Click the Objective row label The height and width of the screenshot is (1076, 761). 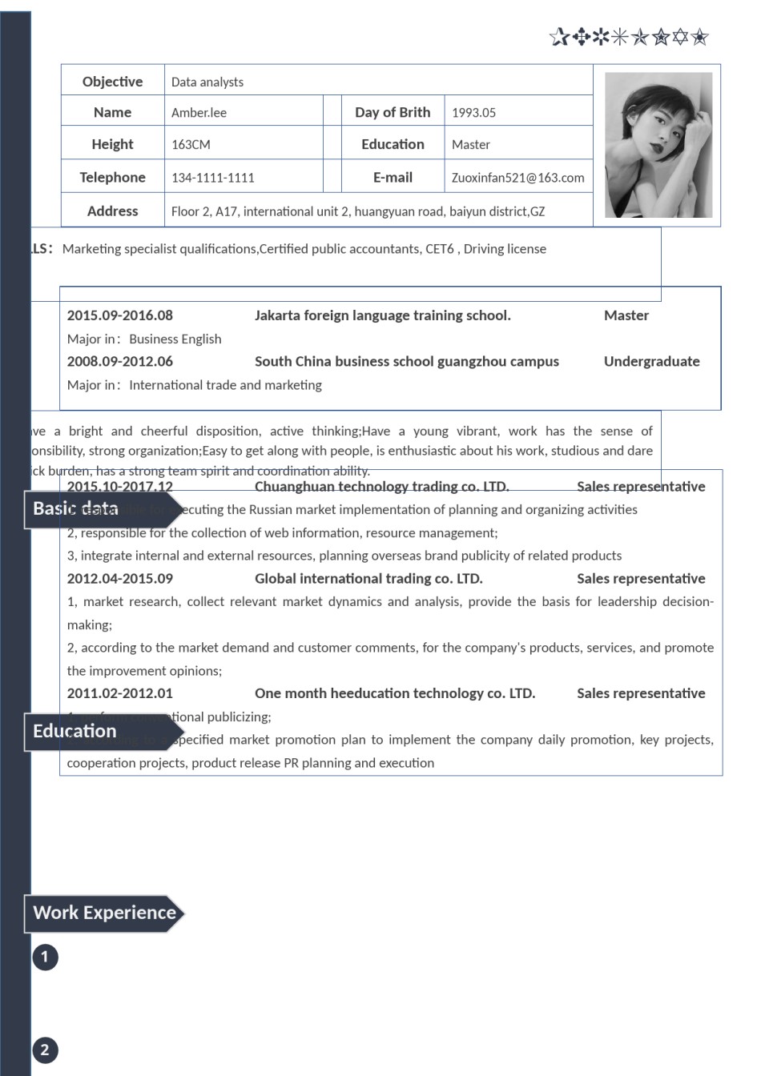[x=112, y=82]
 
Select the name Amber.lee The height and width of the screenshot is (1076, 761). [x=199, y=113]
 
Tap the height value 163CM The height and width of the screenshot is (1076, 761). [x=191, y=145]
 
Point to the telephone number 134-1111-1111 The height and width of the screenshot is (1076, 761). [x=212, y=178]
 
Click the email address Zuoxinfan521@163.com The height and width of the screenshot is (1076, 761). [x=517, y=178]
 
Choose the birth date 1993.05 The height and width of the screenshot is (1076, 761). [x=473, y=113]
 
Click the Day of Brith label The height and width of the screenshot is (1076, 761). [x=393, y=112]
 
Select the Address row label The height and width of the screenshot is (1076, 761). [x=112, y=211]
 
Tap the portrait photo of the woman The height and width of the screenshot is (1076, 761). [x=658, y=145]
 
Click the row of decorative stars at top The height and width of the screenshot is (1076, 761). [x=629, y=37]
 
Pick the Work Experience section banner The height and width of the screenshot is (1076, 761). [x=104, y=913]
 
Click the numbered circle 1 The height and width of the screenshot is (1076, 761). [x=45, y=957]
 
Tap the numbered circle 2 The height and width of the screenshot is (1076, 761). [x=45, y=1050]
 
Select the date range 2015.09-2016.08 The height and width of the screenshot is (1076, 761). [x=119, y=315]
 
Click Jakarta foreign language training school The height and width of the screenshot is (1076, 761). [x=382, y=315]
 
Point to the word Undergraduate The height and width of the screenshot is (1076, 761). [x=651, y=361]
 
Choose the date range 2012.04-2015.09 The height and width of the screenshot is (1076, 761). [x=119, y=579]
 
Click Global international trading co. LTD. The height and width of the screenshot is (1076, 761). [x=368, y=579]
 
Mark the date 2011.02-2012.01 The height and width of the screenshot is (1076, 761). [x=119, y=693]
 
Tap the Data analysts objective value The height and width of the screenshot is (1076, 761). [x=207, y=82]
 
